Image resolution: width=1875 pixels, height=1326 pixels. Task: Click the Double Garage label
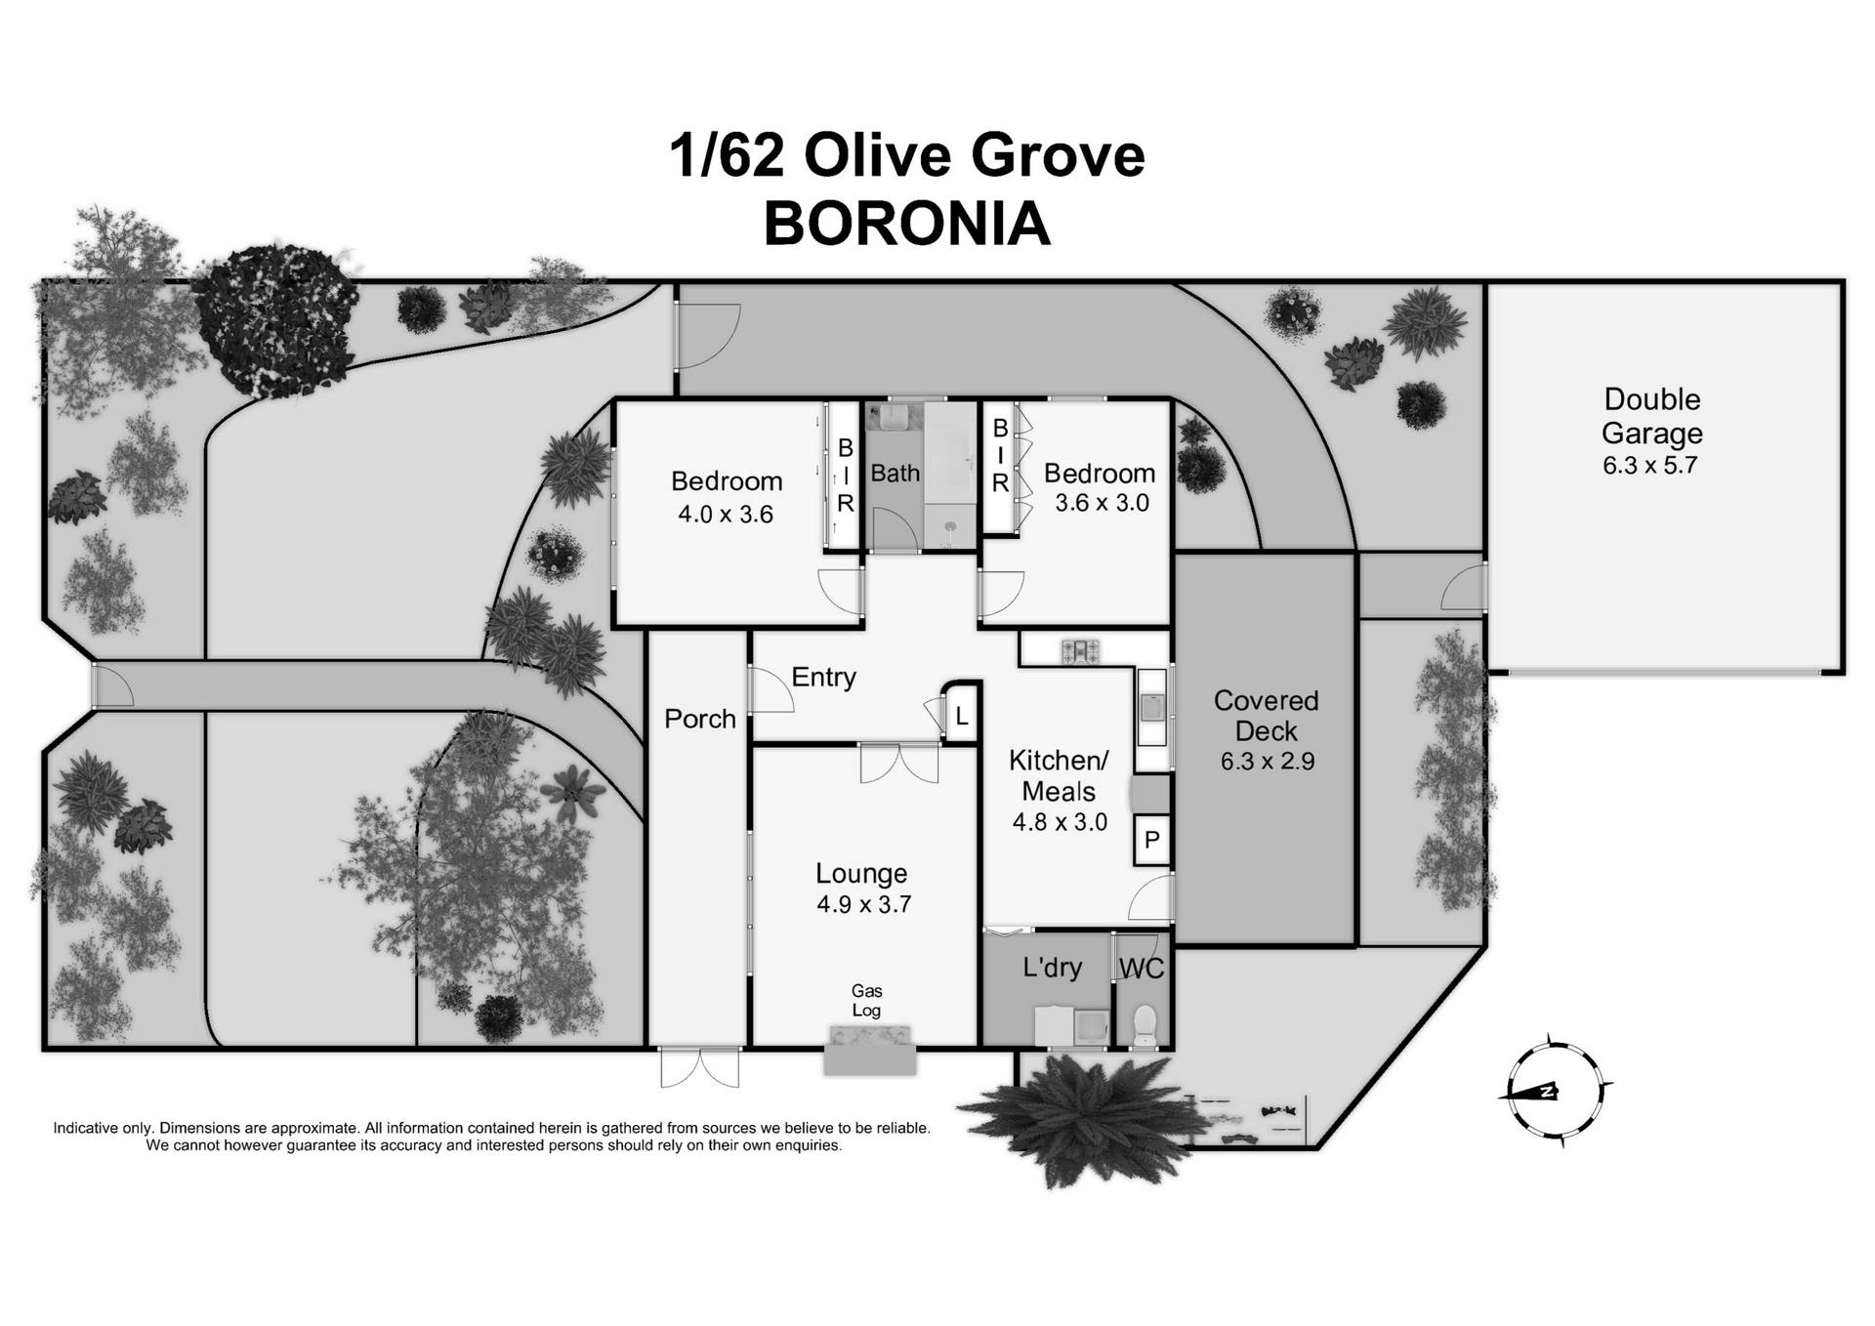pyautogui.click(x=1652, y=416)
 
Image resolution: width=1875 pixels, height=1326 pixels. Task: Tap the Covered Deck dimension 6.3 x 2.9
pyautogui.click(x=1267, y=762)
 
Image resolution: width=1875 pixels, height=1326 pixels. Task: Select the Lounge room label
pyautogui.click(x=861, y=873)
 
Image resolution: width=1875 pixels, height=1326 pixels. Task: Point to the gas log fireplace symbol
pyautogui.click(x=869, y=1050)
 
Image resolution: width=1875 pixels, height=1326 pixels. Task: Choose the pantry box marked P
pyautogui.click(x=1152, y=840)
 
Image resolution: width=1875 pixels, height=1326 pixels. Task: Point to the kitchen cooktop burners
pyautogui.click(x=1081, y=649)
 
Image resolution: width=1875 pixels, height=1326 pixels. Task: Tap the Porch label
pyautogui.click(x=699, y=720)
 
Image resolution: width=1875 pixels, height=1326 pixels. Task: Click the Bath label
pyautogui.click(x=895, y=474)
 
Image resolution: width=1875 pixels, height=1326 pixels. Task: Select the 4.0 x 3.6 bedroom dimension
pyautogui.click(x=726, y=515)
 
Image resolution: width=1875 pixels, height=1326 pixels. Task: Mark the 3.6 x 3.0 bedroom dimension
pyautogui.click(x=1102, y=503)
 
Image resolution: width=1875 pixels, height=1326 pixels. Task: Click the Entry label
pyautogui.click(x=823, y=677)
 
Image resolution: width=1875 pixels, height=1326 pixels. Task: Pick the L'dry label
pyautogui.click(x=1052, y=968)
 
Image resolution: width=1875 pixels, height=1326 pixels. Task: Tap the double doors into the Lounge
pyautogui.click(x=899, y=764)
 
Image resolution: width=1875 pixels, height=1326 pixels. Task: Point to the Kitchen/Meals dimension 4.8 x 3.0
pyautogui.click(x=1060, y=822)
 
